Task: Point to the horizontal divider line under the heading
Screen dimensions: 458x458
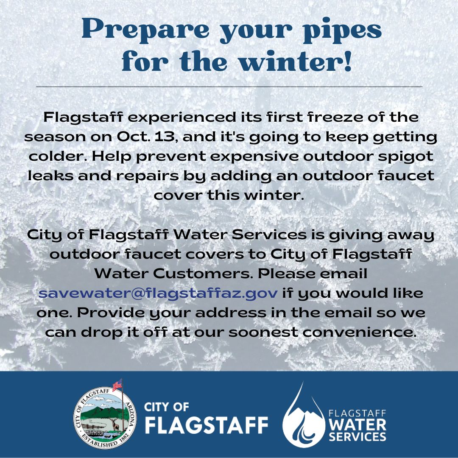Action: (x=229, y=87)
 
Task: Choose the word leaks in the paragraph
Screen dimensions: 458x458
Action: (x=47, y=176)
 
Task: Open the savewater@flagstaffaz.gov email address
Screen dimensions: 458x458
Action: (x=158, y=293)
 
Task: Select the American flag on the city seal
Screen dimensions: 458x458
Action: (x=117, y=385)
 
